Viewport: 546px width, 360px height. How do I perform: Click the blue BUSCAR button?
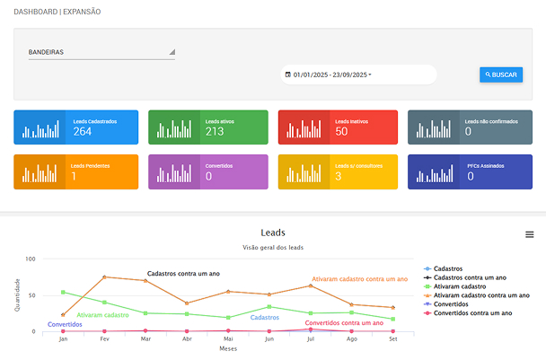501,75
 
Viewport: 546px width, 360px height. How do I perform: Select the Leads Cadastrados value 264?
83,132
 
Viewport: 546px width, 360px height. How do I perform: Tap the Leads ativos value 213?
215,132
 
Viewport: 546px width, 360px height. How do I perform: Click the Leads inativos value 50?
341,132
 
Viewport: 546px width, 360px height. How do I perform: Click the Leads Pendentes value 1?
74,177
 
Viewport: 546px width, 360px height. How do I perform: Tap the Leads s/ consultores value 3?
338,177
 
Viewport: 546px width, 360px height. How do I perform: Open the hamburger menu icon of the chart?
530,234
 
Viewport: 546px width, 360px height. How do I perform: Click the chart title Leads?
272,233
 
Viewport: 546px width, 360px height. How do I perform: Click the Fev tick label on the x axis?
104,339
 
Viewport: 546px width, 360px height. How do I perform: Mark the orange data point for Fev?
104,277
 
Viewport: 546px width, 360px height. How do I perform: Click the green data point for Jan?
63,292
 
